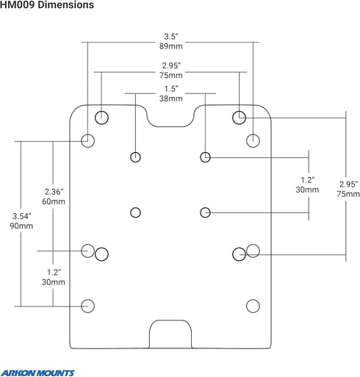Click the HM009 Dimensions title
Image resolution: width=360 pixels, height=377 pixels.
47,5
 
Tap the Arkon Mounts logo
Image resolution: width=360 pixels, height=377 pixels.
37,373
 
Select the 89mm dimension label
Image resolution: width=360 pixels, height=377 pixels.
171,46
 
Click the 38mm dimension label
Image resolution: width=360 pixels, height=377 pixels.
171,98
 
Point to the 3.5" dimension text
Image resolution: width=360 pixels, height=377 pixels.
171,37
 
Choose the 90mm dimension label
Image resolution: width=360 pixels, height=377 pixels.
21,226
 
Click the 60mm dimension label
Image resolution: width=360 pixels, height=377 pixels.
54,201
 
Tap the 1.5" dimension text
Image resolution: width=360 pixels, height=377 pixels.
171,89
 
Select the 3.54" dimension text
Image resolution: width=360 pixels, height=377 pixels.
21,216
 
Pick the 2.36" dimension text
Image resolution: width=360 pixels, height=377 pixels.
54,192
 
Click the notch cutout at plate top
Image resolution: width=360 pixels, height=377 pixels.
170,126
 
